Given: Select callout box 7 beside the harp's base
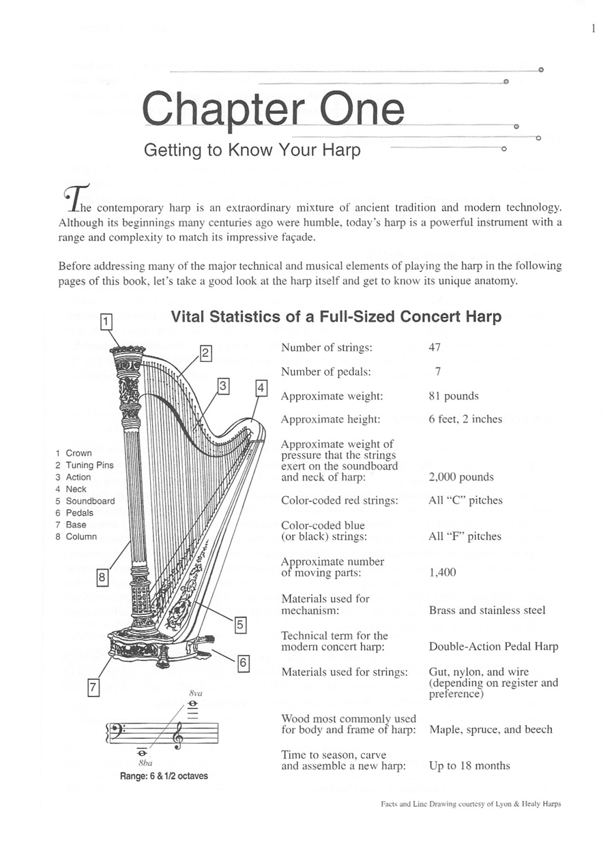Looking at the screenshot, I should [95, 688].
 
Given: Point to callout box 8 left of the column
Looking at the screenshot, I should [102, 578].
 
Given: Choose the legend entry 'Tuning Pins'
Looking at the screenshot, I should [89, 465].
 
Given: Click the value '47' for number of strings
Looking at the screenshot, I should [435, 348].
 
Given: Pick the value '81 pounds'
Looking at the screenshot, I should [454, 396].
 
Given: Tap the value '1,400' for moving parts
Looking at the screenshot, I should [442, 572].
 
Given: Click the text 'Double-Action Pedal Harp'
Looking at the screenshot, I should [493, 646].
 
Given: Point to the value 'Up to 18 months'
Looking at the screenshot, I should [469, 766].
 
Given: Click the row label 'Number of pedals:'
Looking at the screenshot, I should [326, 371].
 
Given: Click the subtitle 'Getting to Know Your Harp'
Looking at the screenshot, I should [252, 150].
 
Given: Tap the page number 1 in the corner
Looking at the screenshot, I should [594, 28].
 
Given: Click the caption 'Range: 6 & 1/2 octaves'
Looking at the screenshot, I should [164, 776].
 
